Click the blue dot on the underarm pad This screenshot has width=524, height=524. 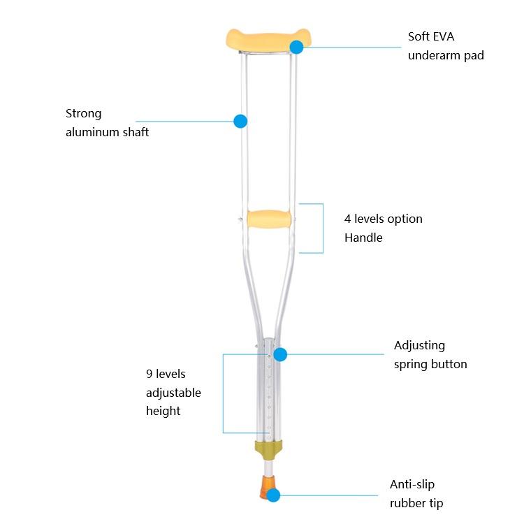coord(296,47)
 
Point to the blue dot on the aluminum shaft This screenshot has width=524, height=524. coord(240,121)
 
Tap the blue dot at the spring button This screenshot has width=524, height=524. coord(280,354)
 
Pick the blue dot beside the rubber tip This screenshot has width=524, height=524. coord(273,495)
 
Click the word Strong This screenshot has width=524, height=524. coord(83,113)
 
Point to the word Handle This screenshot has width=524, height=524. coord(363,238)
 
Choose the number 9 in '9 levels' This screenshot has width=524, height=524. coord(150,374)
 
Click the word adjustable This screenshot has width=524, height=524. coord(173,393)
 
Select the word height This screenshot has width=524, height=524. coord(163,411)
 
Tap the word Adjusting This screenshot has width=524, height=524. coord(419,345)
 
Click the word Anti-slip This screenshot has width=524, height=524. coord(413,484)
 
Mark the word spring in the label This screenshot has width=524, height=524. coord(411,364)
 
